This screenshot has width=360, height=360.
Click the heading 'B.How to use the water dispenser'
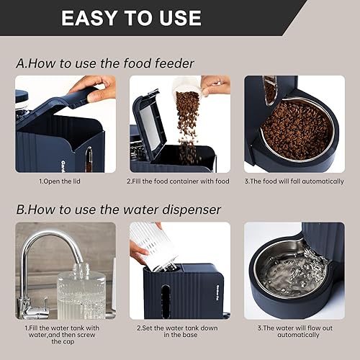(119, 210)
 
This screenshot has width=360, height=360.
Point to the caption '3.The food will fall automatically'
(293, 181)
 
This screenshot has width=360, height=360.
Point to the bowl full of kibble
(297, 129)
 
